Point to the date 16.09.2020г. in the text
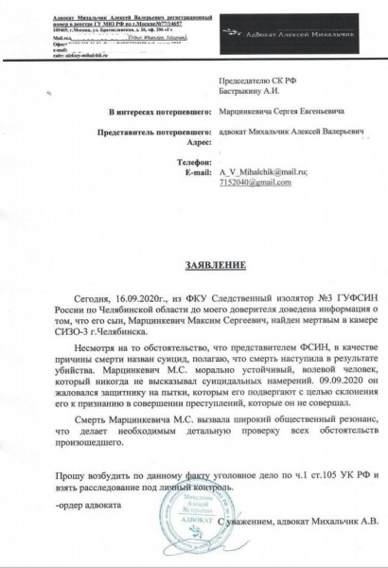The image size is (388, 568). click(127, 296)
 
